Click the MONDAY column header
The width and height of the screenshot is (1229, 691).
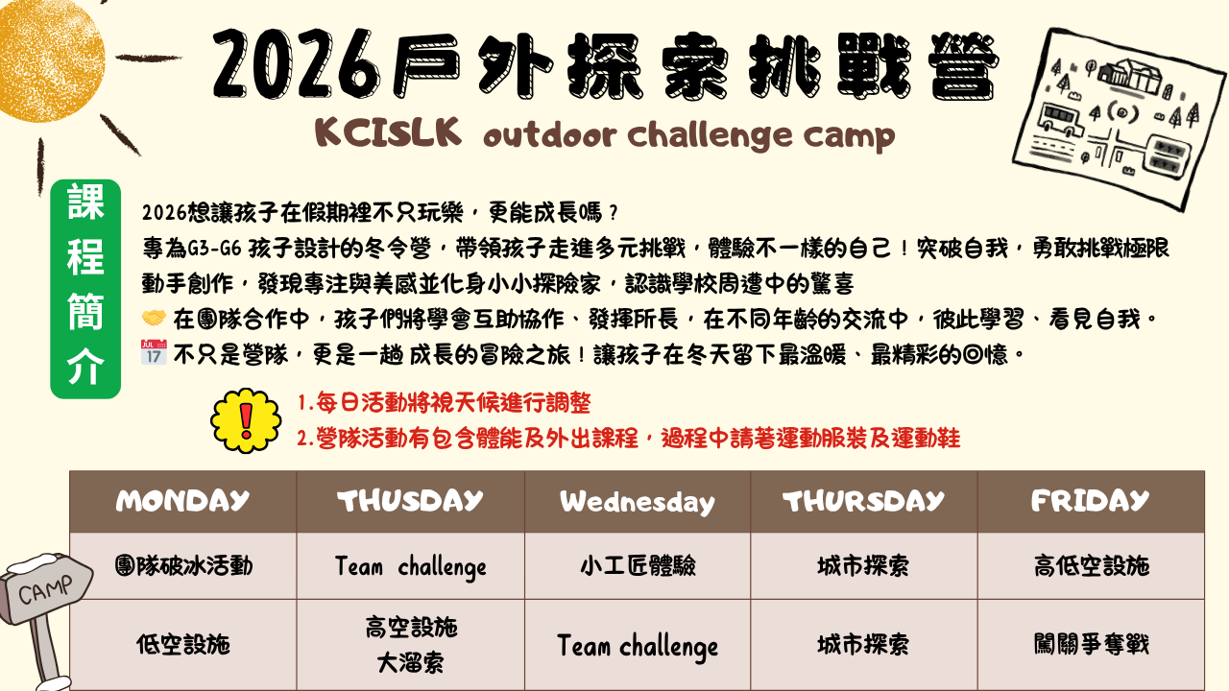click(182, 501)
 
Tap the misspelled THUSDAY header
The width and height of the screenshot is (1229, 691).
click(410, 501)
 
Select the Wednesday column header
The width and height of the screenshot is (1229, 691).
click(637, 502)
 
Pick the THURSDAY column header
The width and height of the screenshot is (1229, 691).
click(863, 501)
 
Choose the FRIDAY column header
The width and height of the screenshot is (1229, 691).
click(1090, 501)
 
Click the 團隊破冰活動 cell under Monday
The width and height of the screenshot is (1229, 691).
click(183, 565)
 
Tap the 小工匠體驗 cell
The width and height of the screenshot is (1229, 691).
click(639, 565)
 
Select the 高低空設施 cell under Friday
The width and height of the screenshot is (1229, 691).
click(1092, 565)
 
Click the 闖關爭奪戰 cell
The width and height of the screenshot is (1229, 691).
click(1092, 644)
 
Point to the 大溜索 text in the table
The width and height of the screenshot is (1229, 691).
click(410, 662)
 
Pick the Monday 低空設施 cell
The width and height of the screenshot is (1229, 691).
click(183, 644)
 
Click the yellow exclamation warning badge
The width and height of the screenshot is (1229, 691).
click(246, 420)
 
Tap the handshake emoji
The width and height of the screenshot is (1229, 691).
click(154, 318)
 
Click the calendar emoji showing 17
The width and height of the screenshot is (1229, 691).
click(154, 352)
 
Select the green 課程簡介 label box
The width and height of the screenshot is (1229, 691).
click(85, 289)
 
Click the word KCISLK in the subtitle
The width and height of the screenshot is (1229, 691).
click(388, 132)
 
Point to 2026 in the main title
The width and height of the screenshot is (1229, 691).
click(297, 64)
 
